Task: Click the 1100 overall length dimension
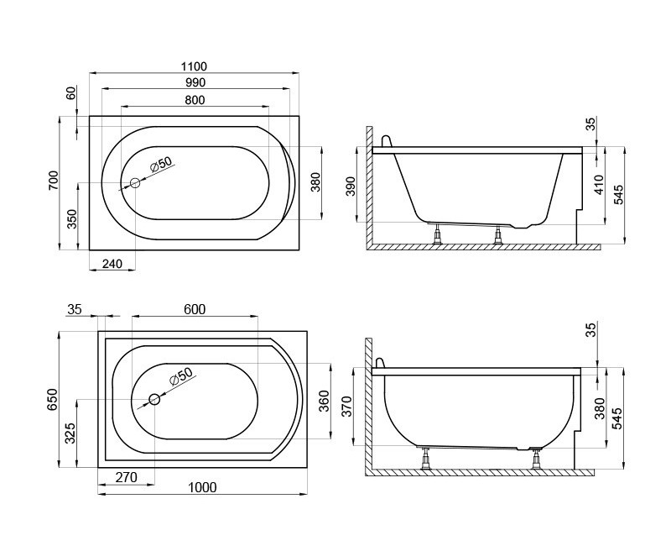(194, 66)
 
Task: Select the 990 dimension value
(194, 82)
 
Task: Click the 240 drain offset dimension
(112, 264)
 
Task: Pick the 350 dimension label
(72, 218)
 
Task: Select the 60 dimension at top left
(72, 92)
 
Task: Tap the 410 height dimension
(599, 186)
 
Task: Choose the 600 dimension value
(194, 309)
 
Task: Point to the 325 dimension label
(72, 433)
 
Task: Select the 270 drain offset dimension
(125, 478)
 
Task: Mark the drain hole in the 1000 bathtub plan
(154, 400)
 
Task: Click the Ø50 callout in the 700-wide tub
(159, 165)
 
